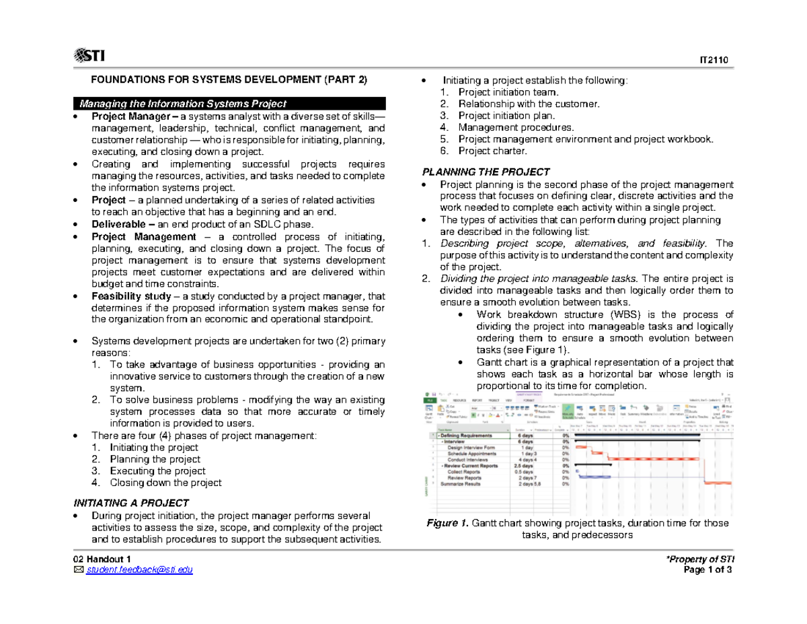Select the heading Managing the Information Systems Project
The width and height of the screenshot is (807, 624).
coord(184,103)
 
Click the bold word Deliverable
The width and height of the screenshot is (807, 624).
coord(116,224)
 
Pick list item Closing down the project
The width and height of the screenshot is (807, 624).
coord(165,483)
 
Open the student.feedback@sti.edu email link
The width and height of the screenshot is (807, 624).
coord(138,571)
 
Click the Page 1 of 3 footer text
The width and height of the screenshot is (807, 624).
coord(712,571)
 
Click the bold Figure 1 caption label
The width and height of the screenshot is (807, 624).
coord(447,523)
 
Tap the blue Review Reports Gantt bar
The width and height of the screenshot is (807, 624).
coord(596,477)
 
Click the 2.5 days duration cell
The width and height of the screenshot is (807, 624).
coord(525,466)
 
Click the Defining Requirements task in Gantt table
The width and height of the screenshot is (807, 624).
coord(471,436)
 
